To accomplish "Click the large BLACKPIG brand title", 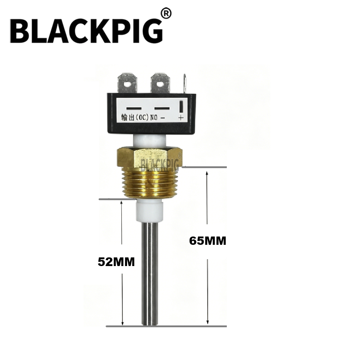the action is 86,31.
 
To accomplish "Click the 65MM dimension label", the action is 208,241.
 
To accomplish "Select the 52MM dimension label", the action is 116,262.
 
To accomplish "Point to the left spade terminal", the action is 127,83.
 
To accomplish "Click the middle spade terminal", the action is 161,83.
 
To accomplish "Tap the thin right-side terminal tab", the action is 185,84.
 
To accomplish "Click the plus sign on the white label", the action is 181,118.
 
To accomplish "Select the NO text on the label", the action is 154,118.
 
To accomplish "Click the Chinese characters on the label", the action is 128,118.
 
